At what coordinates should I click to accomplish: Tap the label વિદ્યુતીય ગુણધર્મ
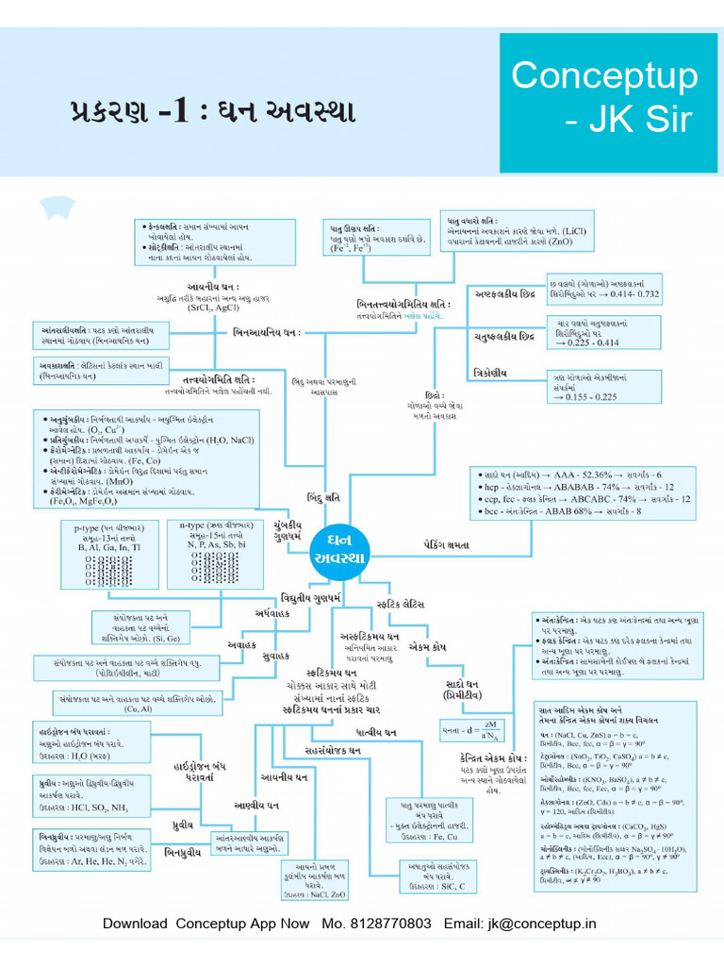pos(309,598)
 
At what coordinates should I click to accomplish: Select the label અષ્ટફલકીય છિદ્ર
pos(505,292)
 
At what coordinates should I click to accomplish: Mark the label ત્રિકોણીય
pos(490,374)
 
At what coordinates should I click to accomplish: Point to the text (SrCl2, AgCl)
pos(213,308)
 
